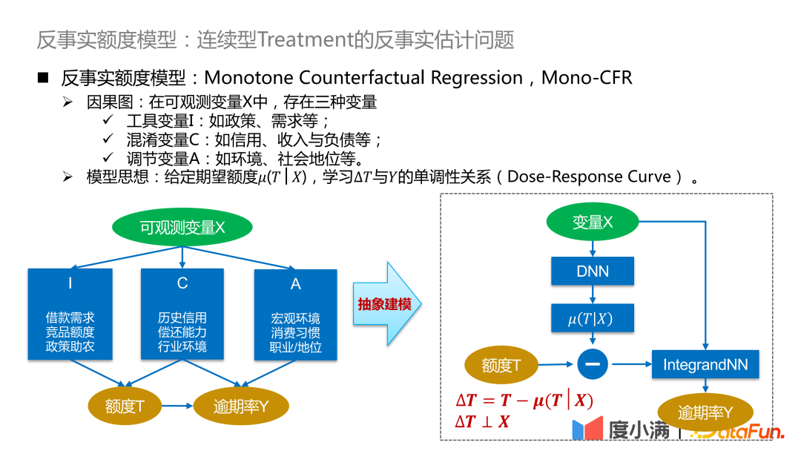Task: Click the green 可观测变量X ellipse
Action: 182,228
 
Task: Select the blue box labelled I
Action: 70,315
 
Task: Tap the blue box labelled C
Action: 182,315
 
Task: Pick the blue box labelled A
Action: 295,315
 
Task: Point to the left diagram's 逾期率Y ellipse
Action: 241,406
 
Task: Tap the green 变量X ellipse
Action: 593,222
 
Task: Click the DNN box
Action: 593,271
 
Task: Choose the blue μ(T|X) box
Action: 593,320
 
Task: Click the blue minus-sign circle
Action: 593,363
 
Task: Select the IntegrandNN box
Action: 705,364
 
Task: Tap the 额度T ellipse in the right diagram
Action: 501,365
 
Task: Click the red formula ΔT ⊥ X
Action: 482,422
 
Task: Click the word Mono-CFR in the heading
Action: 587,78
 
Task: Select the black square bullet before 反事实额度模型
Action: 44,78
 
